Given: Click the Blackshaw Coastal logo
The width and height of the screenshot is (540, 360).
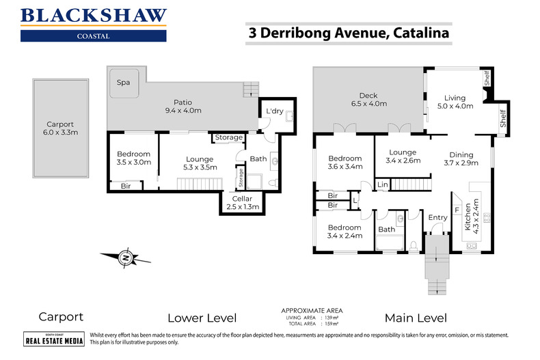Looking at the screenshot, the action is (94, 25).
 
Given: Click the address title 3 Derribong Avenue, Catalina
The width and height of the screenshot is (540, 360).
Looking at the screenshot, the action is (349, 33).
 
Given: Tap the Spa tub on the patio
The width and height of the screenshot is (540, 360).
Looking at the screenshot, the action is (124, 83).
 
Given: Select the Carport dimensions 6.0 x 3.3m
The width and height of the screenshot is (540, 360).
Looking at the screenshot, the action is (61, 132).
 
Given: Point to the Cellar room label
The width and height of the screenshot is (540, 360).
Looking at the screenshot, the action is (242, 199).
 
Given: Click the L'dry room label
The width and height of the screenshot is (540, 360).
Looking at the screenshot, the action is (275, 111).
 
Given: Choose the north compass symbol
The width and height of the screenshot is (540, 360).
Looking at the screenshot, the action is (126, 257).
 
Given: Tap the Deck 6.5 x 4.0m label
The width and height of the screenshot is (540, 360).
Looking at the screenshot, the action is (369, 100).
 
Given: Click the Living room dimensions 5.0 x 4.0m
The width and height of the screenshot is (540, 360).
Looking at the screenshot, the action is (455, 106).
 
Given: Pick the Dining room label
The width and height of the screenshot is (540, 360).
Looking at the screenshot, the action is (461, 154).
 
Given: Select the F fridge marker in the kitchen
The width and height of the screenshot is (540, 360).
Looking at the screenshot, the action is (457, 210).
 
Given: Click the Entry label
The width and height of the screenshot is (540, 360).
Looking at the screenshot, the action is (437, 217).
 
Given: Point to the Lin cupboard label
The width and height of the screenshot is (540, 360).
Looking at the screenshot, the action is (383, 184).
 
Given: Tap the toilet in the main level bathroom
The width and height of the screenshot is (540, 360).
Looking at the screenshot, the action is (414, 246).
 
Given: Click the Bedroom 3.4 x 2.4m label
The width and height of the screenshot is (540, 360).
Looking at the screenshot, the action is (345, 232).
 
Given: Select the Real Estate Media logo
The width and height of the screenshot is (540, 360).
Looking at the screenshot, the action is (54, 339).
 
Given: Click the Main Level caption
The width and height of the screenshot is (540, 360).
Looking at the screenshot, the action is (416, 318).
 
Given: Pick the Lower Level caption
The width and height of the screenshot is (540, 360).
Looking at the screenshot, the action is (202, 318).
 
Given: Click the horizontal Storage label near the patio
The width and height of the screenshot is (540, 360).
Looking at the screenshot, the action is (229, 137).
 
